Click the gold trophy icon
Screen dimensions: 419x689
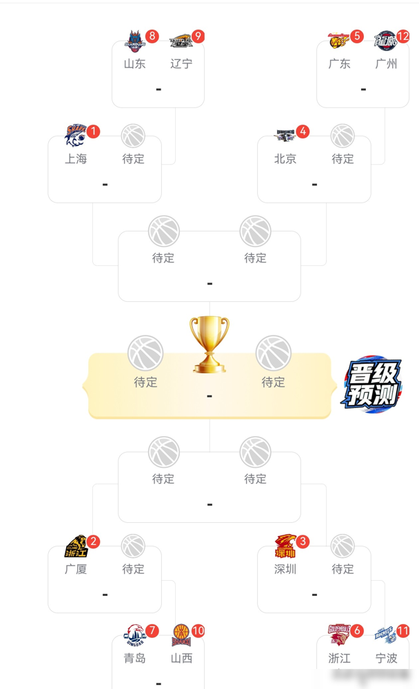coord(209,344)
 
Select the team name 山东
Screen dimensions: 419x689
coord(135,64)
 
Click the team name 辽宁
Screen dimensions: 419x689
coord(181,64)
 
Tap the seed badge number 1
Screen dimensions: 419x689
coord(93,132)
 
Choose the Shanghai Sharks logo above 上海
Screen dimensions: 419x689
coord(75,135)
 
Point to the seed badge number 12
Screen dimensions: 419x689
coord(402,37)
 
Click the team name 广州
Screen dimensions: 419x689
coord(387,64)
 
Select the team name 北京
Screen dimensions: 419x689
coord(285,159)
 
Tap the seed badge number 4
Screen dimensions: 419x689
coord(303,132)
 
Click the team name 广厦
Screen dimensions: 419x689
coord(76,569)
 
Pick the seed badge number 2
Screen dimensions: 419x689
coord(93,542)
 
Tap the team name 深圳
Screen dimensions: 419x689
coord(285,569)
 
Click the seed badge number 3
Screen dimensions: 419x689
coord(303,542)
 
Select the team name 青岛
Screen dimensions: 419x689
coord(135,658)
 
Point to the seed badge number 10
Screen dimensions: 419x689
coord(198,630)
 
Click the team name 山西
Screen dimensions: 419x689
coord(181,658)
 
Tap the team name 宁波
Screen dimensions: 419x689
coord(387,658)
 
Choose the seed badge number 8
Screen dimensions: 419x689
coord(152,37)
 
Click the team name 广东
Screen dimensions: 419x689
coord(340,64)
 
